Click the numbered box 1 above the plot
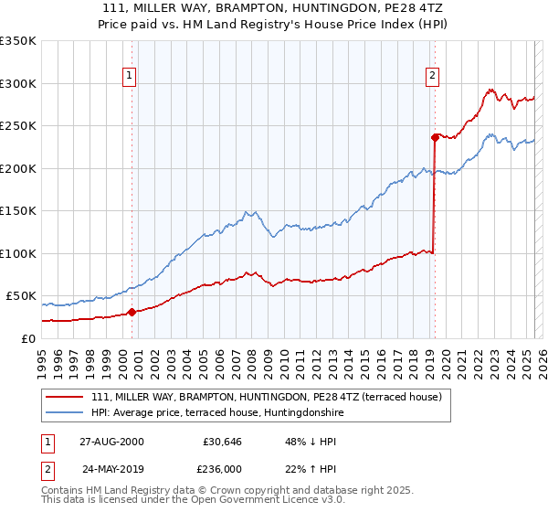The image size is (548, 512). (x=131, y=76)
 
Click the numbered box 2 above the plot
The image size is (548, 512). (x=432, y=76)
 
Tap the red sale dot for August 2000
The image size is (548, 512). (x=132, y=312)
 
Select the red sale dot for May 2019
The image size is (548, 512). (x=435, y=137)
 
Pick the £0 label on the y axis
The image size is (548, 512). (x=29, y=338)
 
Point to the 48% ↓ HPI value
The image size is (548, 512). (x=300, y=441)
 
